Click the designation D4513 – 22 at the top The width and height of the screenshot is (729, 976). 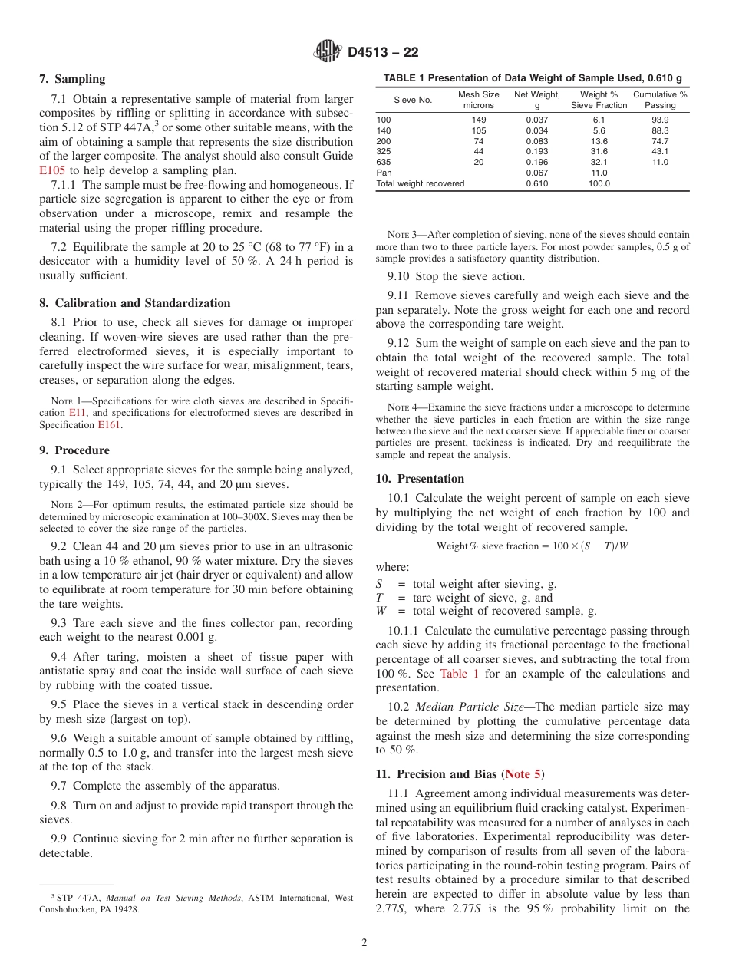click(384, 53)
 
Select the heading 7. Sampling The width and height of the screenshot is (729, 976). click(72, 79)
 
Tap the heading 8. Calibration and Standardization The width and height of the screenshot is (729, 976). click(135, 303)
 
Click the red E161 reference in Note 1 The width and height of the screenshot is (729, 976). click(109, 424)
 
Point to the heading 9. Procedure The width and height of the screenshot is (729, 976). click(74, 450)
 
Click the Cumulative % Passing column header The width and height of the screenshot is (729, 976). click(660, 100)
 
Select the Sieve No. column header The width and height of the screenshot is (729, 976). click(413, 100)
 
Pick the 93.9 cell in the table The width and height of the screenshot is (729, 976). click(660, 120)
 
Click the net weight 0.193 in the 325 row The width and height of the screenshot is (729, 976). click(537, 152)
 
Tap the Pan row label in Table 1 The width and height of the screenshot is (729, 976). click(384, 173)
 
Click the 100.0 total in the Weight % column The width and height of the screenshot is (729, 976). click(599, 184)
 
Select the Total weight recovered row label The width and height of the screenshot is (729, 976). click(420, 184)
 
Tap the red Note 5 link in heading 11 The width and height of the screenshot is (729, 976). click(523, 775)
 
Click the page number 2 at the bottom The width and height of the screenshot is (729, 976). click(364, 942)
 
